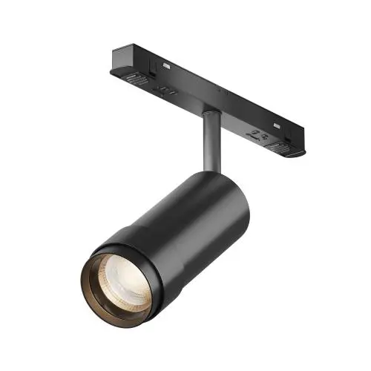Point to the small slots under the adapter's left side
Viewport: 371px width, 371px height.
coord(167,92)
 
